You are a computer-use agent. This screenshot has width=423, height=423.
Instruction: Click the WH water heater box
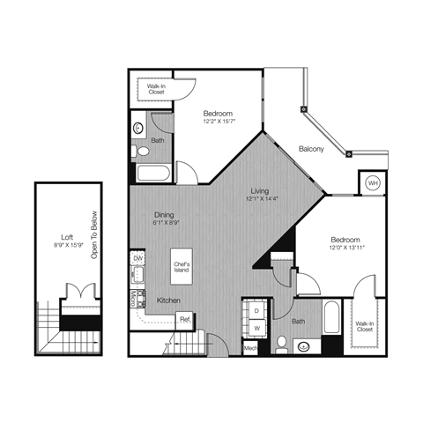[372, 182]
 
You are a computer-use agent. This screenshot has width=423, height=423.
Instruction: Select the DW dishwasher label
[138, 257]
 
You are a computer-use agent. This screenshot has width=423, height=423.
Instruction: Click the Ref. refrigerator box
[185, 319]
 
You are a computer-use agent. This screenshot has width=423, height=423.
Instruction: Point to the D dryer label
[256, 312]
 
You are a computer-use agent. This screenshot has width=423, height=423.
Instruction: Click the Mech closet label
[251, 349]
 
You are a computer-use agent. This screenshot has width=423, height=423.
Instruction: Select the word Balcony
[311, 149]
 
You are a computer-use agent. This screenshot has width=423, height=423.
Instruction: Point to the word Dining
[163, 215]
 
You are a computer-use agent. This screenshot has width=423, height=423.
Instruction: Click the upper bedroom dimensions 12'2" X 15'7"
[218, 122]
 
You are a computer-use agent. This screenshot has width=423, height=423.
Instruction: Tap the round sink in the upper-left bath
[138, 129]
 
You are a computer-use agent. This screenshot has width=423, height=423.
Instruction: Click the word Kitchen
[170, 301]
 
